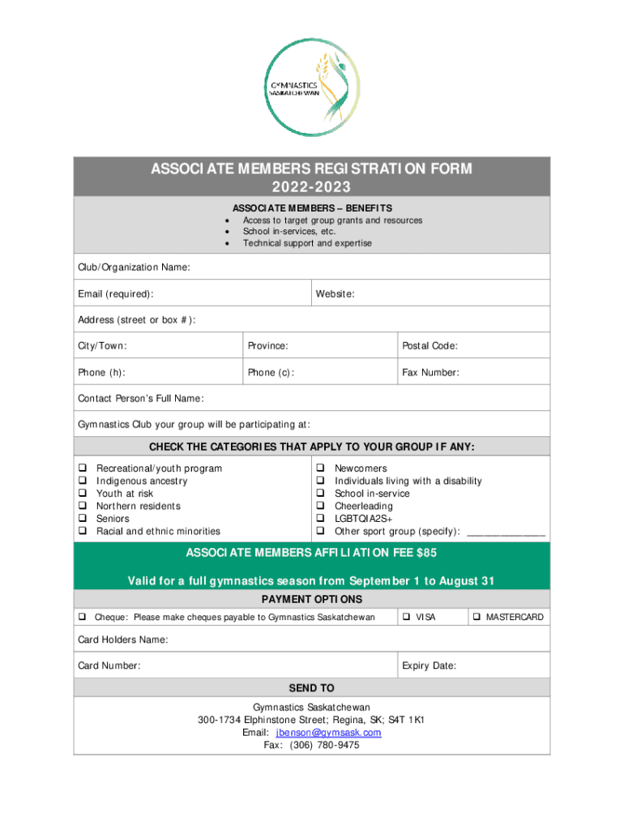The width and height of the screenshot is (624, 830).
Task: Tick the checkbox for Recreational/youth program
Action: (82, 468)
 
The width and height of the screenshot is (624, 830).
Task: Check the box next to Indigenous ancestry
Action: (82, 481)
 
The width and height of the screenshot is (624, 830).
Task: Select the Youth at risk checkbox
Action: (82, 494)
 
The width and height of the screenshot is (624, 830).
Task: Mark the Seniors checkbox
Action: (82, 519)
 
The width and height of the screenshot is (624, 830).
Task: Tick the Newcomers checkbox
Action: (321, 468)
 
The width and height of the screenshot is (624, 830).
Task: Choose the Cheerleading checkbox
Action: (321, 506)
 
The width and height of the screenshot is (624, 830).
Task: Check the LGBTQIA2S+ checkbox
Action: (321, 519)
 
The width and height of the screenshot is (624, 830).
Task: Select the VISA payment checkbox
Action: (406, 618)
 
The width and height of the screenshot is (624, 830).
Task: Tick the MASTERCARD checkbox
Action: (477, 618)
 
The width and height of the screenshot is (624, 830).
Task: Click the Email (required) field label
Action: (116, 293)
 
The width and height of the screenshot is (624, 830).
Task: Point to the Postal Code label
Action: (430, 346)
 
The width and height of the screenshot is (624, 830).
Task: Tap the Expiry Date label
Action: (429, 665)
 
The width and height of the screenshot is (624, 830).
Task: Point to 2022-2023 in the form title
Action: (311, 188)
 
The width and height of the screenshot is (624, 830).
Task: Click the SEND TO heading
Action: (311, 688)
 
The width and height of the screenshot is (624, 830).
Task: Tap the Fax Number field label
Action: (430, 373)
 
